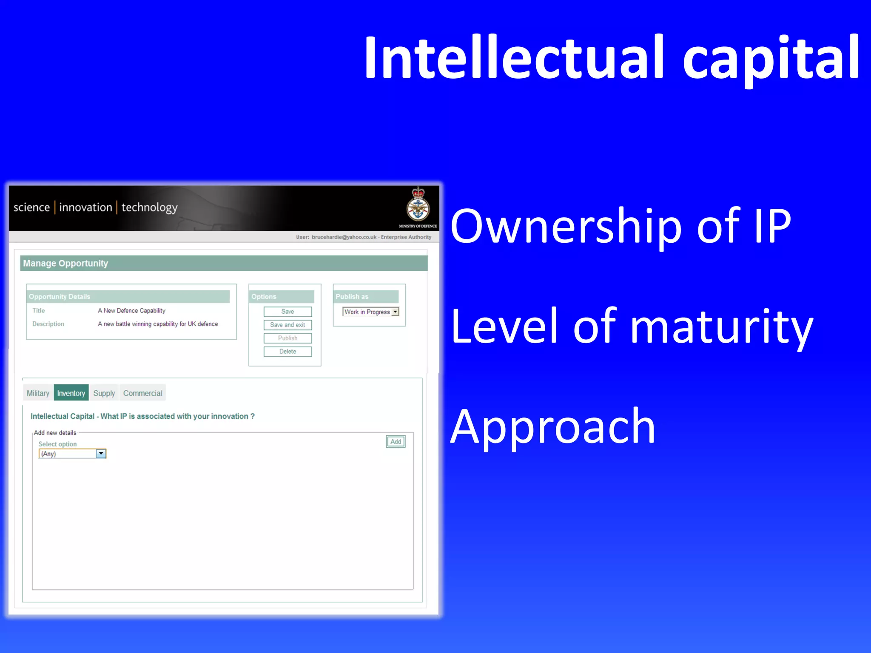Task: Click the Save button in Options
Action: [287, 312]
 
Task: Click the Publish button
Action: [287, 338]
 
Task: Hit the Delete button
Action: [287, 352]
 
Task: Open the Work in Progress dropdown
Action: [395, 312]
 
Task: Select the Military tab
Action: [38, 393]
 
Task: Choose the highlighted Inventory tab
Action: [71, 393]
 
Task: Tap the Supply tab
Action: [104, 393]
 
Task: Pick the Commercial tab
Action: [142, 393]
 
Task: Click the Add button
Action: [396, 442]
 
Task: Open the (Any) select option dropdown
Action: [101, 454]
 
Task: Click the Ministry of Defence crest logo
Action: [418, 206]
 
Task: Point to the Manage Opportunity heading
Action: [65, 263]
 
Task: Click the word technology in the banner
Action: [149, 207]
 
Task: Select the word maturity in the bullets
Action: [721, 327]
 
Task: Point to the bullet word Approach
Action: [552, 427]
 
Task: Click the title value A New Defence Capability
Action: [131, 311]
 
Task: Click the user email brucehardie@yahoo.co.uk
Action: [344, 237]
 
